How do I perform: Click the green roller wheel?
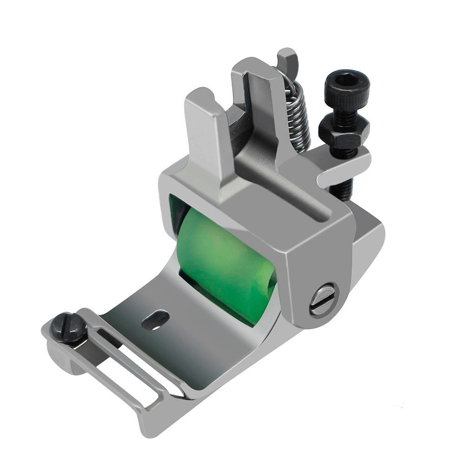click(223, 260)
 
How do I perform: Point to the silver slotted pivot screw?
click(323, 300)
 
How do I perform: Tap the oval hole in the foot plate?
click(155, 320)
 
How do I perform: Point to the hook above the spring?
click(289, 60)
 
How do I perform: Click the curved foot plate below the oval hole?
click(186, 353)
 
